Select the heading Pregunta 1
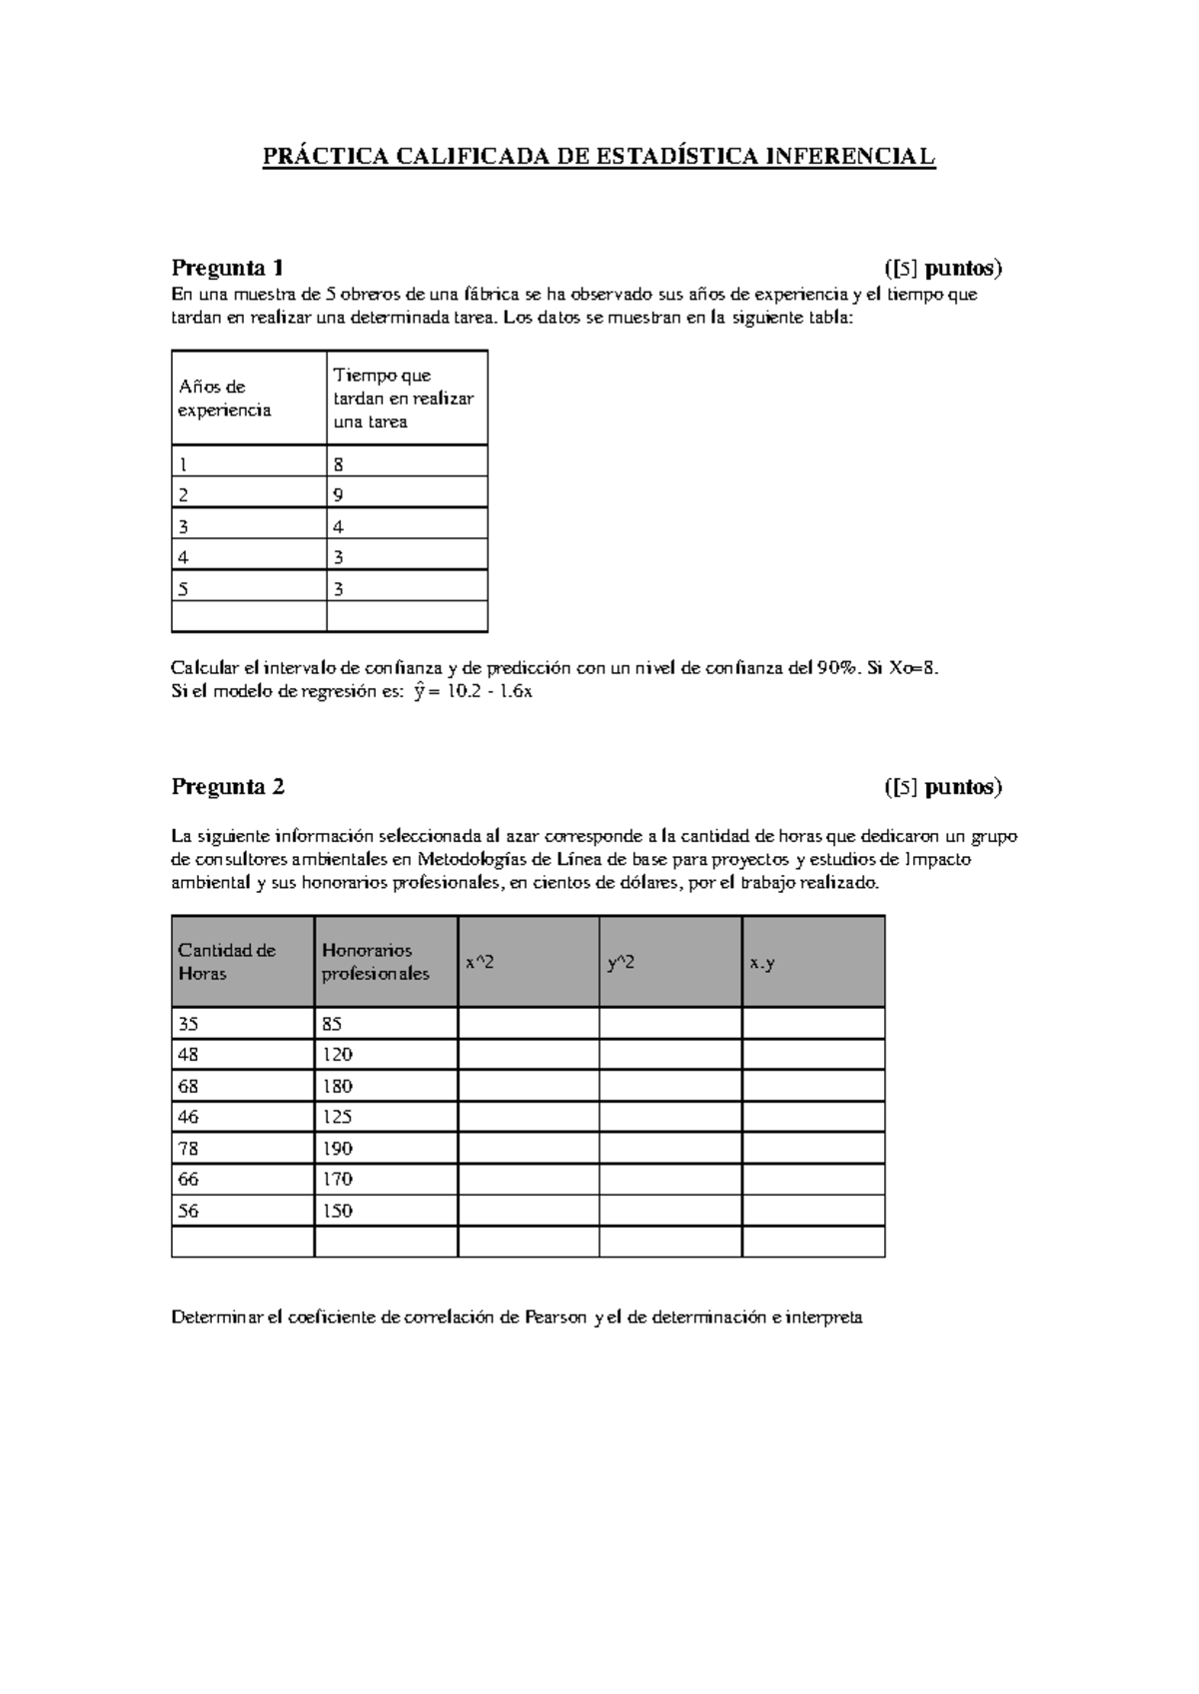tap(228, 268)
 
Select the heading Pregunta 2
tap(228, 786)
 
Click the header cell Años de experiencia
tap(249, 398)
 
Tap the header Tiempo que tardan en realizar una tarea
tap(406, 398)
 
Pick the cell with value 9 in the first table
tap(406, 494)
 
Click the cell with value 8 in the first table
tap(406, 463)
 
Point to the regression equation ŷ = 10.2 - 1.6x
tap(472, 691)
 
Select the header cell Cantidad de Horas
tap(242, 961)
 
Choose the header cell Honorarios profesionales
tap(385, 961)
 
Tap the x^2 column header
tap(528, 962)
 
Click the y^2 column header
tap(669, 962)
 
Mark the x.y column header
tap(812, 962)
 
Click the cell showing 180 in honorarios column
tap(385, 1086)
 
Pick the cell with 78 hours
tap(242, 1148)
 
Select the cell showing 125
tap(385, 1117)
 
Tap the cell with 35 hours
tap(242, 1024)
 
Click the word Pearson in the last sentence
tap(556, 1317)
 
